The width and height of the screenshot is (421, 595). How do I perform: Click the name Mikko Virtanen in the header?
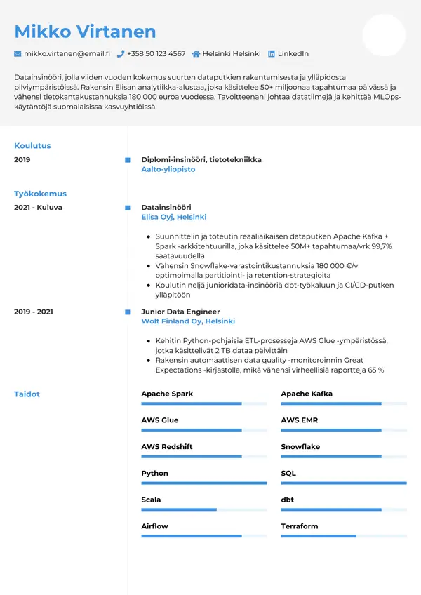click(x=85, y=32)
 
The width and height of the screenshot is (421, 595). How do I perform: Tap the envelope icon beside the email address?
click(x=18, y=53)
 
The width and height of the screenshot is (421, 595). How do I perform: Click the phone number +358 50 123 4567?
click(x=156, y=53)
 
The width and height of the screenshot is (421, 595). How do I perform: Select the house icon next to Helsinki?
click(x=196, y=53)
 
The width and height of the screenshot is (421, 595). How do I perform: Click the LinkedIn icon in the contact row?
click(x=272, y=53)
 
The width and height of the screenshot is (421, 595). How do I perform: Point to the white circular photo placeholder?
click(x=384, y=35)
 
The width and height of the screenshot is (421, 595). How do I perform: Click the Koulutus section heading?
click(x=32, y=146)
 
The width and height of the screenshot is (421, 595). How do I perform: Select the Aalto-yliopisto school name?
click(x=168, y=170)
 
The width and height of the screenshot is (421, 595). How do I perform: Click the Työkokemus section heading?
click(x=40, y=194)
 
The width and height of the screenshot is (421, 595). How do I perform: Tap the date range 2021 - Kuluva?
click(x=38, y=208)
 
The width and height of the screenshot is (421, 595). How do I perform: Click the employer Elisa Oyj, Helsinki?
click(x=174, y=218)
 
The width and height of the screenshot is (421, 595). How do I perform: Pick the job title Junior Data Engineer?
click(x=180, y=312)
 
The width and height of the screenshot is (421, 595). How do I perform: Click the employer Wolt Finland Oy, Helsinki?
click(x=188, y=321)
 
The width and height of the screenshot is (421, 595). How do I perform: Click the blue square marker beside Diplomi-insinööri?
click(x=127, y=160)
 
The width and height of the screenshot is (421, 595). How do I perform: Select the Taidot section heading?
click(x=27, y=394)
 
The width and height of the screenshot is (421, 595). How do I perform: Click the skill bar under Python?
click(x=203, y=483)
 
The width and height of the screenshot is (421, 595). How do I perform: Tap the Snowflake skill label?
click(x=300, y=447)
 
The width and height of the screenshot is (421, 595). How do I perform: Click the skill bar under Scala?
click(x=203, y=509)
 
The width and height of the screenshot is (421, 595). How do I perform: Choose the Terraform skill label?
click(x=300, y=526)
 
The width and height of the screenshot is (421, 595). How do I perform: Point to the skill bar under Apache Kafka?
click(x=344, y=403)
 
